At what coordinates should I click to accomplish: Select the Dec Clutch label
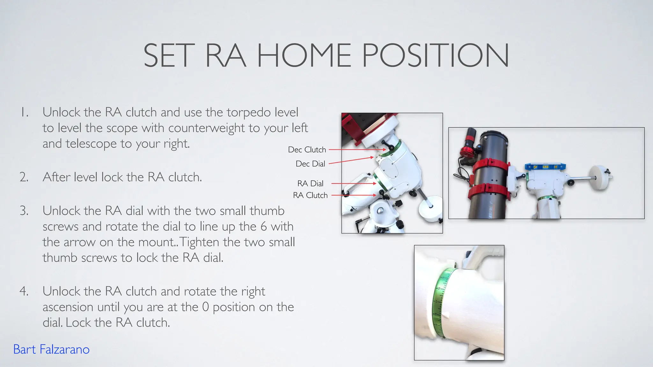(307, 150)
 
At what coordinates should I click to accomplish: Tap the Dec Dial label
(310, 164)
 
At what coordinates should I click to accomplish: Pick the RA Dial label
(310, 183)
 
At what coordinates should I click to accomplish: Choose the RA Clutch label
(310, 195)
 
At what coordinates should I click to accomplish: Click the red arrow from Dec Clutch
(357, 149)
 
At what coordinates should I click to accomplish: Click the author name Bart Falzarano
(51, 349)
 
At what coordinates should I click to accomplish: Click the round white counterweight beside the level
(600, 178)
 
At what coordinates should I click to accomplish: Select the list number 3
(24, 211)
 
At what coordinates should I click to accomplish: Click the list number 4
(24, 291)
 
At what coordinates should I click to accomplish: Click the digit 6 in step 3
(264, 227)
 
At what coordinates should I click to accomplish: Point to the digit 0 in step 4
(206, 307)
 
